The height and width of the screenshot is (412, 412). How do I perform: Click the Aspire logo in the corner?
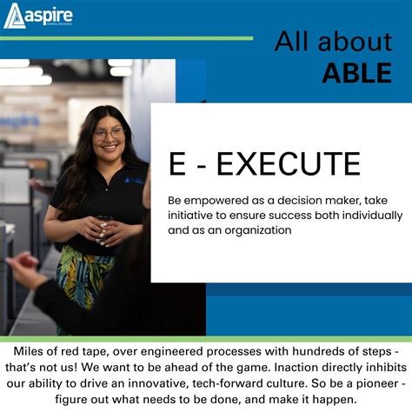point(38,15)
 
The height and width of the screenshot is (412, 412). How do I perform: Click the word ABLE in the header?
point(356,74)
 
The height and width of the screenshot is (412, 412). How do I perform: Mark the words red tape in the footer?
point(96,355)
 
